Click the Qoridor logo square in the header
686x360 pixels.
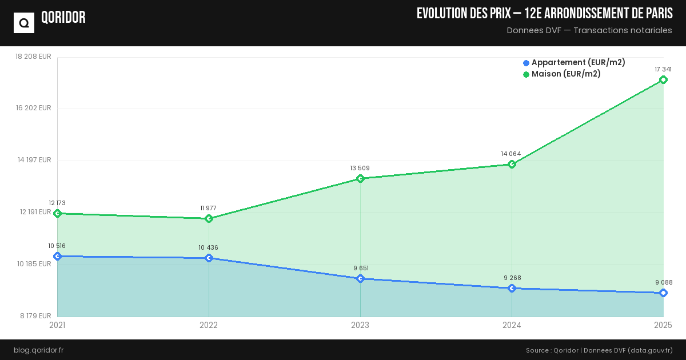pyautogui.click(x=24, y=23)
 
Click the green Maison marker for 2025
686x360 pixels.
pyautogui.click(x=663, y=79)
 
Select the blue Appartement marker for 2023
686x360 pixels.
pyautogui.click(x=360, y=278)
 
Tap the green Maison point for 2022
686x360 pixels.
pyautogui.click(x=209, y=218)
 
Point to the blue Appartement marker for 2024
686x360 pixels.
pyautogui.click(x=512, y=288)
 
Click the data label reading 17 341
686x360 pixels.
pyautogui.click(x=663, y=69)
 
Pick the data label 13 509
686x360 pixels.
pyautogui.click(x=360, y=168)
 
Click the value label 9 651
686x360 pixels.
pyautogui.click(x=360, y=268)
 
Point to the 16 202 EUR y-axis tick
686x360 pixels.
pyautogui.click(x=34, y=108)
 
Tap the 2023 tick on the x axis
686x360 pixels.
pyautogui.click(x=360, y=325)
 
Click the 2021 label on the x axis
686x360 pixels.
pyautogui.click(x=57, y=325)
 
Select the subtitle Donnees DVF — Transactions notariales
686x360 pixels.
pyautogui.click(x=589, y=30)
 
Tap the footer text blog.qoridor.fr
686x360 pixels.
pyautogui.click(x=38, y=350)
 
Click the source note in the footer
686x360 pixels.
pyautogui.click(x=599, y=350)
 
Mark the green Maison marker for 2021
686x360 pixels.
pyautogui.click(x=57, y=213)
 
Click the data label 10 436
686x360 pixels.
pyautogui.click(x=209, y=247)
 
